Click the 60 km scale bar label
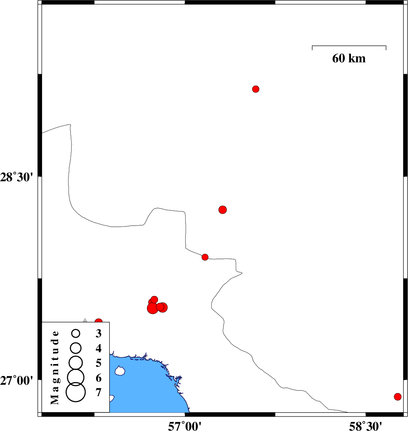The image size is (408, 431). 349,58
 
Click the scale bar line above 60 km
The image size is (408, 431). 349,46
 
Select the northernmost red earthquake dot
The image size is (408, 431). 256,89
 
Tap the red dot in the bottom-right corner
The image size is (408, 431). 398,397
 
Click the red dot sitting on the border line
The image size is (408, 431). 205,257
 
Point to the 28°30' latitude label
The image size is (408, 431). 16,177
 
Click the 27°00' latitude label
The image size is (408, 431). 16,381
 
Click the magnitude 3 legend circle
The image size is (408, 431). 76,333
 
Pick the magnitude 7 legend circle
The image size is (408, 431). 76,392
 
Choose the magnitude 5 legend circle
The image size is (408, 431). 76,363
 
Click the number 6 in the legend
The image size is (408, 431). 98,378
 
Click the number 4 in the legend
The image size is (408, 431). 98,348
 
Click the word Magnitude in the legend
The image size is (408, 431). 55,368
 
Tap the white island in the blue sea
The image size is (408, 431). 120,371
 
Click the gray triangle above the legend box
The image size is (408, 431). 85,320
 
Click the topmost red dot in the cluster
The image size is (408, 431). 154,299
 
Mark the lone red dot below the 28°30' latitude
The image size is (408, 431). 223,210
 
